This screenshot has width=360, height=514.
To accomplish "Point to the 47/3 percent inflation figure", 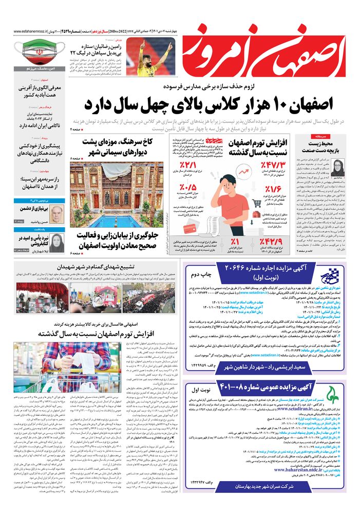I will coord(272,167).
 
